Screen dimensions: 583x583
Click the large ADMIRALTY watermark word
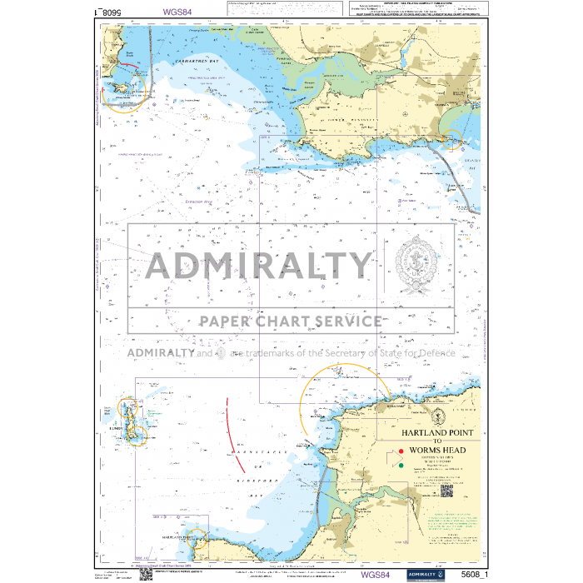point(258,266)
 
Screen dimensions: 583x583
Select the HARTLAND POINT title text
point(436,434)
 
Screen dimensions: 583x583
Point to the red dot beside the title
point(401,454)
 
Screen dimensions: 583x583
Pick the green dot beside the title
point(401,466)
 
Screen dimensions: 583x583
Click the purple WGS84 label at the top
point(182,12)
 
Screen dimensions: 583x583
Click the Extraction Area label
point(201,202)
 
